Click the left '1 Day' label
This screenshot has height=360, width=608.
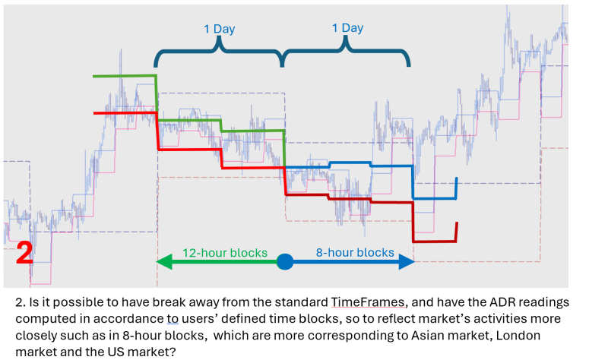tap(219, 29)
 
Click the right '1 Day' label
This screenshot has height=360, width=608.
tap(347, 28)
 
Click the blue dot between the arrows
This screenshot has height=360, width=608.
tap(285, 262)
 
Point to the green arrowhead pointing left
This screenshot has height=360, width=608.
tap(162, 262)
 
